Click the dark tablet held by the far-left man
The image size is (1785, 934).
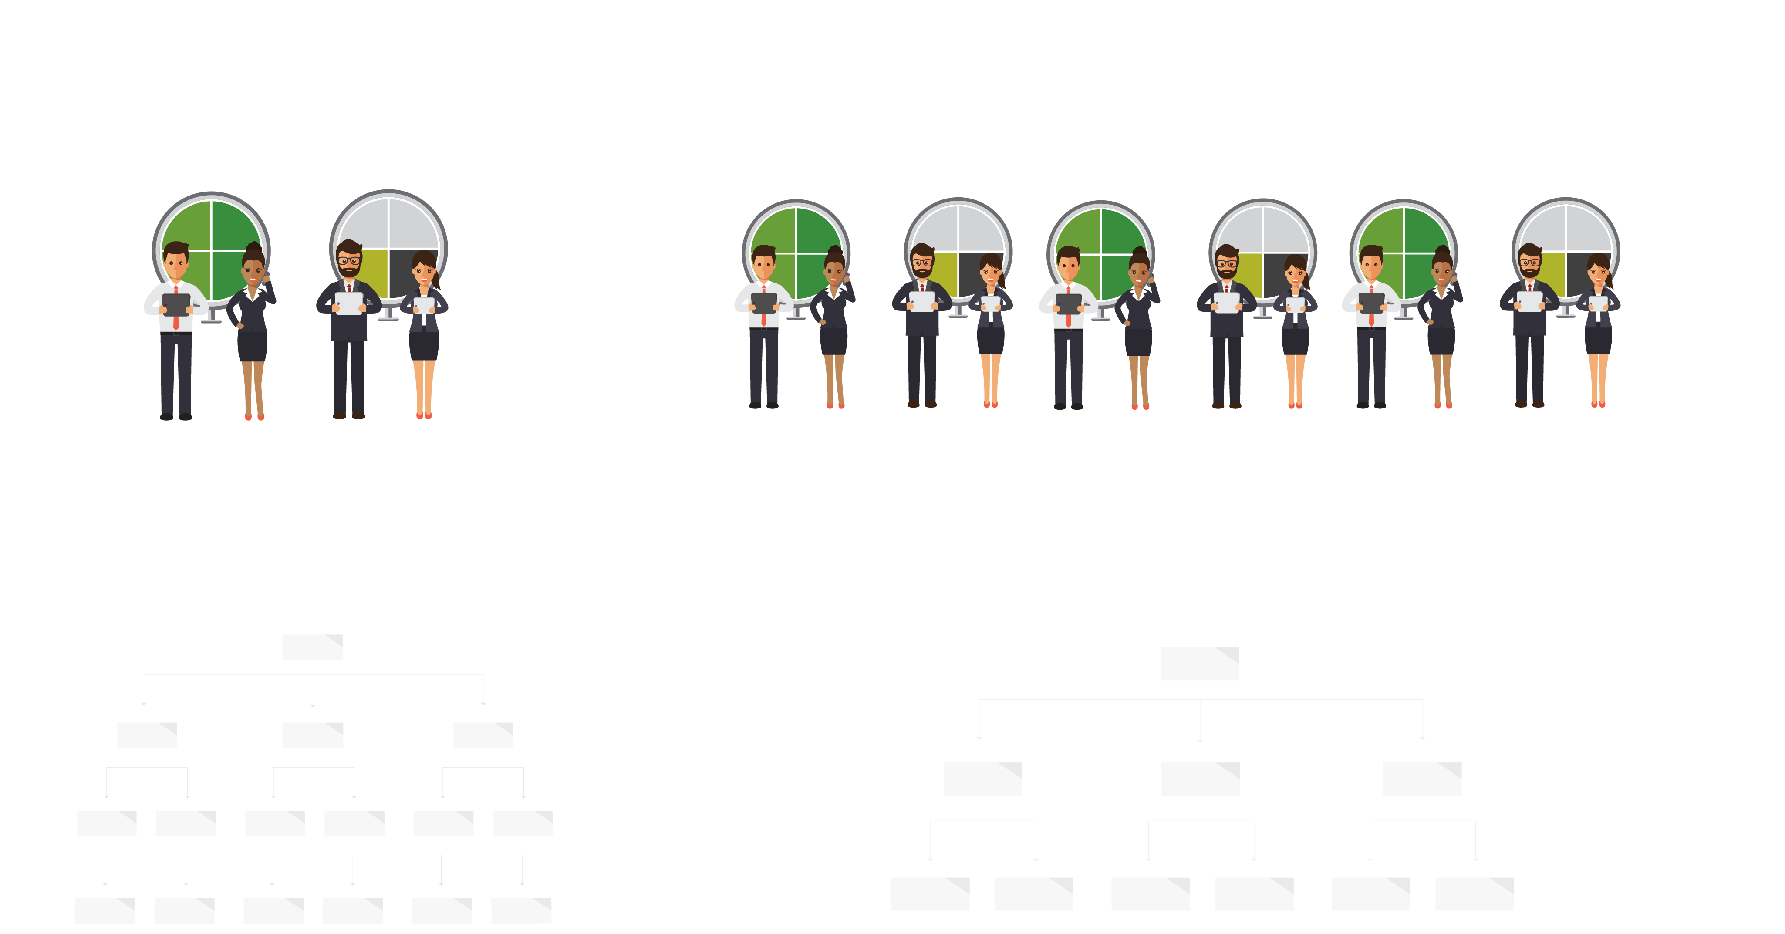click(x=176, y=303)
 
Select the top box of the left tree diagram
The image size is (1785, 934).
click(x=313, y=647)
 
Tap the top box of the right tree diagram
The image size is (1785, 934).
click(x=1199, y=664)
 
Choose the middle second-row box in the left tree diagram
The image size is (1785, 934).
click(x=313, y=735)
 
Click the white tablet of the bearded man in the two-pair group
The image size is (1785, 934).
click(x=348, y=303)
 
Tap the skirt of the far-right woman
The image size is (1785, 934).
click(x=1598, y=340)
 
